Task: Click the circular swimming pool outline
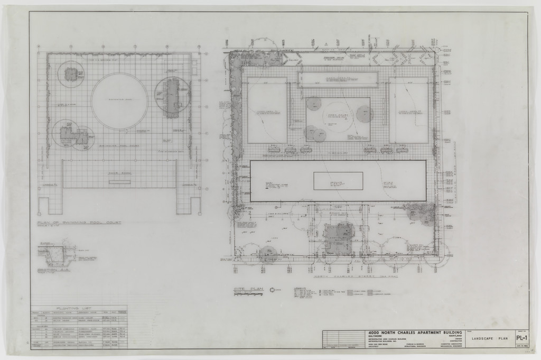coord(119,101)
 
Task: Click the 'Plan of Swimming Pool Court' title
coord(79,223)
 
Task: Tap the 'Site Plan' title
coord(248,289)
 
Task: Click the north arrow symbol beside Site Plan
coord(272,290)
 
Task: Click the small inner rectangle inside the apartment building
coord(338,181)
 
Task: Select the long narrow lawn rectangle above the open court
coord(338,79)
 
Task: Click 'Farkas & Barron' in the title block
coord(416,344)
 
